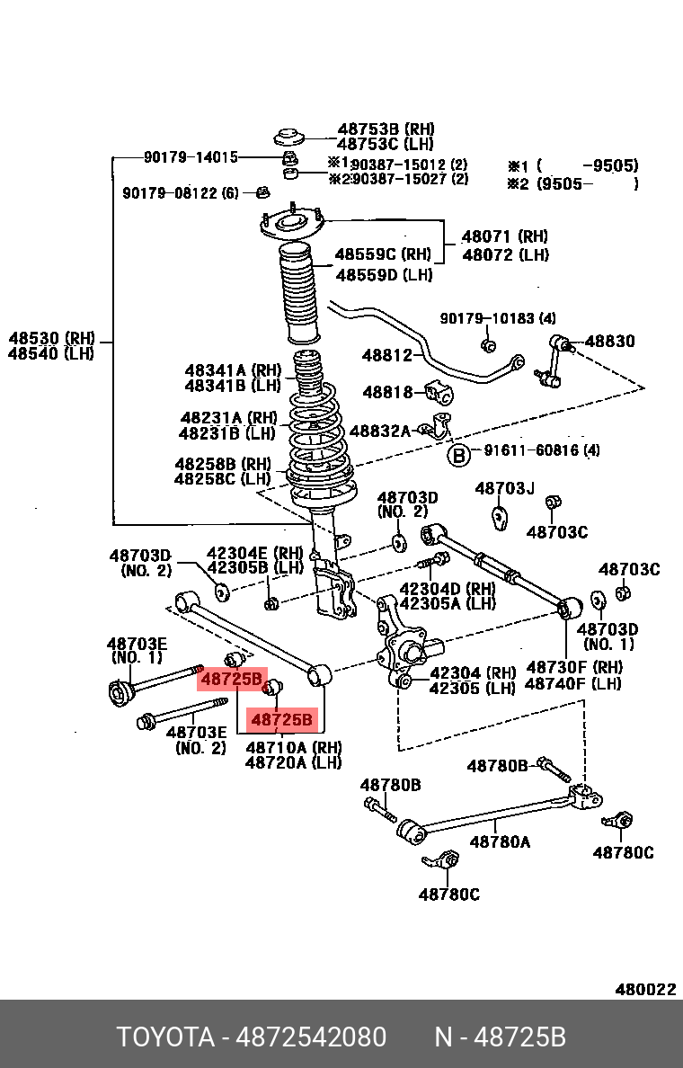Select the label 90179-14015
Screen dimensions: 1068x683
pos(191,157)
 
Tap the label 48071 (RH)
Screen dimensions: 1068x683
pos(504,237)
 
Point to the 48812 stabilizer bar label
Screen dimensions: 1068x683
pos(387,355)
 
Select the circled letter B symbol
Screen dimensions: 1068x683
pos(459,455)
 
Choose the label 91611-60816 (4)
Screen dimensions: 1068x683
pos(542,450)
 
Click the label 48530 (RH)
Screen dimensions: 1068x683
pos(51,338)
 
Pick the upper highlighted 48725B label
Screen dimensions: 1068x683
pos(232,679)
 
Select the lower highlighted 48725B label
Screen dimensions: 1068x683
pos(282,720)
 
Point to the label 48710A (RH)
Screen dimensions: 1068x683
pos(293,747)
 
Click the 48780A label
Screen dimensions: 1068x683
pos(501,842)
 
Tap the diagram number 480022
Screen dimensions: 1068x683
pos(644,990)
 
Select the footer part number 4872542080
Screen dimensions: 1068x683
pos(311,1037)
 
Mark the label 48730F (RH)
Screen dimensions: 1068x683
pos(573,667)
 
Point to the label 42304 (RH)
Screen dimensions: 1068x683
pos(472,673)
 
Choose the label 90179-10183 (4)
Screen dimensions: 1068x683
pos(498,318)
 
